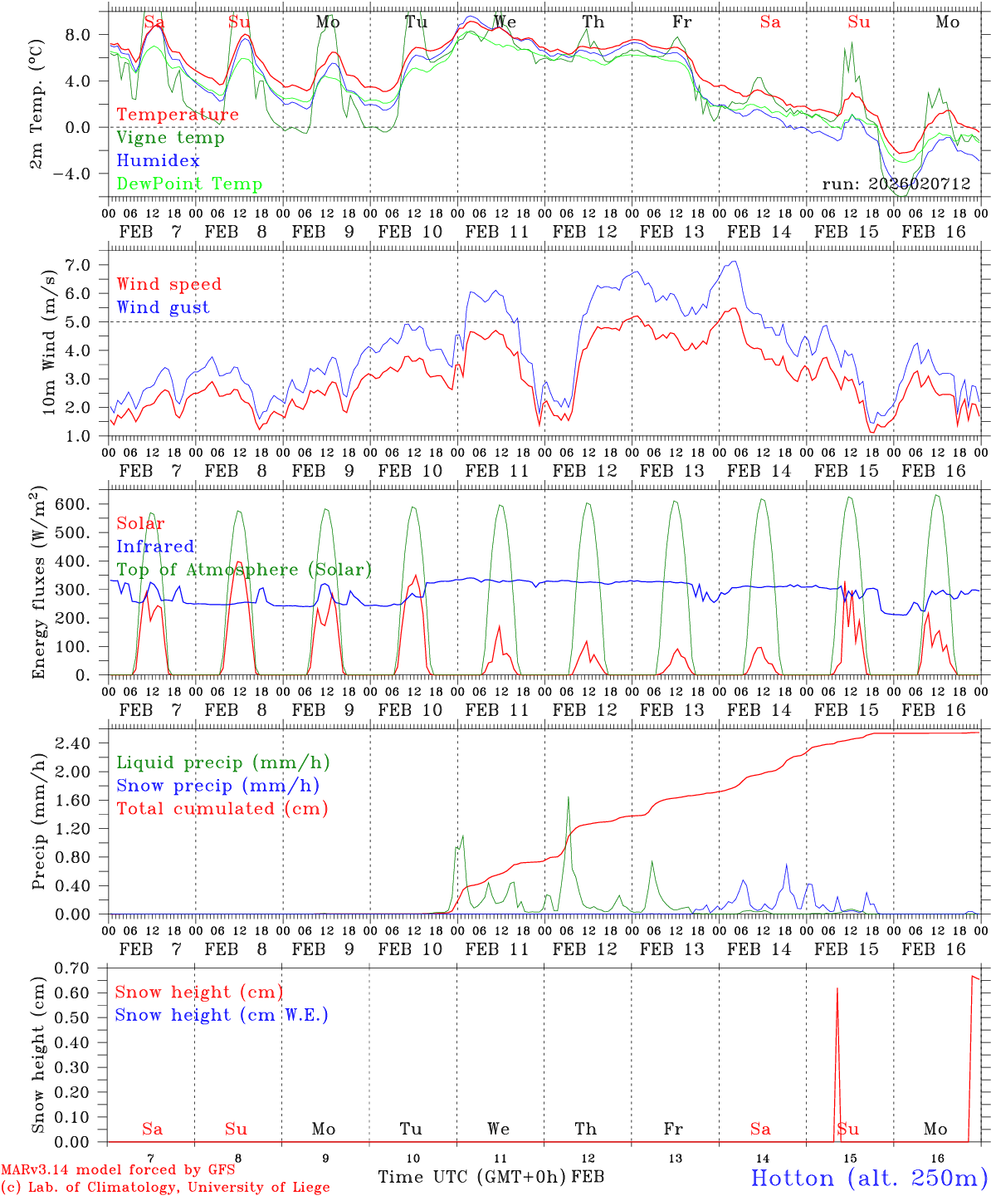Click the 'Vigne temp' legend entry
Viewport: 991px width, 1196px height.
click(x=170, y=138)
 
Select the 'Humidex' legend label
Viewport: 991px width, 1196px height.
click(x=158, y=161)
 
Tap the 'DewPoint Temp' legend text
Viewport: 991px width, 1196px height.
click(x=189, y=184)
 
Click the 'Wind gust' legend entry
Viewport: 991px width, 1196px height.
click(x=163, y=307)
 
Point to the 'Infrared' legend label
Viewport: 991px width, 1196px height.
click(x=155, y=547)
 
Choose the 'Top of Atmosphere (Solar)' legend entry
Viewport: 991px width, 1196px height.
click(x=244, y=570)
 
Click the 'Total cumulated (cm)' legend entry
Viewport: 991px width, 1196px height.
click(x=222, y=808)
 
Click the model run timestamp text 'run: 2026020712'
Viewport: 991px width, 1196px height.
click(x=896, y=184)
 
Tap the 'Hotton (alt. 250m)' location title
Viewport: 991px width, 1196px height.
click(x=869, y=1178)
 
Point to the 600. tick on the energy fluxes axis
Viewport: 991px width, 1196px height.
click(x=81, y=504)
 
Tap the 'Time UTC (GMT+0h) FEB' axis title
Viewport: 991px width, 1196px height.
click(x=491, y=1177)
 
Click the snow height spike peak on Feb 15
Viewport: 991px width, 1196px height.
click(x=837, y=988)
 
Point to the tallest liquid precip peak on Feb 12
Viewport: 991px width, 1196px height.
click(x=569, y=797)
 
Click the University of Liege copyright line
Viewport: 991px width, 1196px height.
click(x=165, y=1188)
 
